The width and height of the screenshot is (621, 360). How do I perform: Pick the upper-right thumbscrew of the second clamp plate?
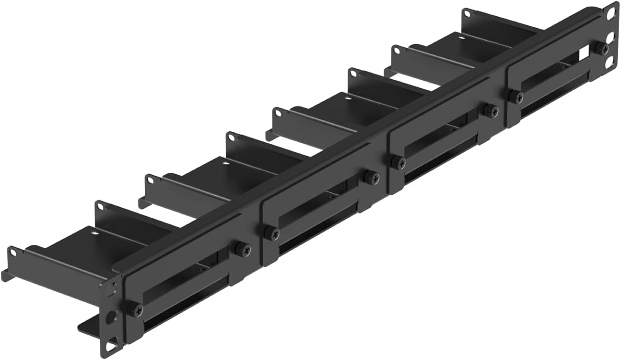(371, 177)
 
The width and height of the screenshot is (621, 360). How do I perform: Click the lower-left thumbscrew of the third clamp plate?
(397, 162)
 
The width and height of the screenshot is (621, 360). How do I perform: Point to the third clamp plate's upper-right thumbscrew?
(490, 110)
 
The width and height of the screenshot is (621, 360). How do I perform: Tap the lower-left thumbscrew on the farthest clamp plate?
(515, 96)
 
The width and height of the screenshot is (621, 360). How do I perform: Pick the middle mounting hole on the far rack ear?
(610, 37)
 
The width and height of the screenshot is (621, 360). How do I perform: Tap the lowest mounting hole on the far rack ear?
(610, 61)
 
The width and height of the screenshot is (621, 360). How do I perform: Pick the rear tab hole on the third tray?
(353, 73)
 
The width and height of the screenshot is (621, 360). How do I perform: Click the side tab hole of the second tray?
(151, 180)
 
